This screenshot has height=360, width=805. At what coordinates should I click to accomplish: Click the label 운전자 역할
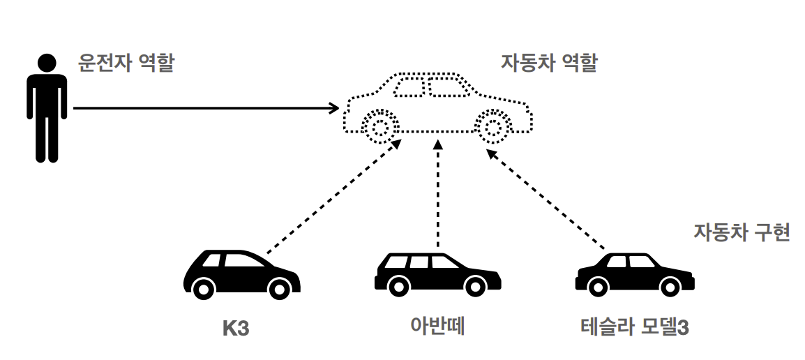pos(126,65)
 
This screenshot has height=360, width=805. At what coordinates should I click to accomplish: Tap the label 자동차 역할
pos(549,63)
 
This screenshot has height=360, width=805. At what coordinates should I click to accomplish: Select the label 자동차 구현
pos(742,232)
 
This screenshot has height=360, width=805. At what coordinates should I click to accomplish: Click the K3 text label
pos(236,328)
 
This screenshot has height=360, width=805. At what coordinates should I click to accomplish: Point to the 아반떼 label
pos(437,326)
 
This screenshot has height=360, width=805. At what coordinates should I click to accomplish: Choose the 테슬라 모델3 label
pos(634,327)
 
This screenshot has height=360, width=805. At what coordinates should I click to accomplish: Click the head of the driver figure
pos(47,63)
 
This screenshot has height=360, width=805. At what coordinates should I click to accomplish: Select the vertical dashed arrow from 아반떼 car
pos(438,195)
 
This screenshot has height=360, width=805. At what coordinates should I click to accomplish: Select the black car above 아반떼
pos(437,273)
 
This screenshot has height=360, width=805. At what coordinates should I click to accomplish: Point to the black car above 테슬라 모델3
pos(634,274)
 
